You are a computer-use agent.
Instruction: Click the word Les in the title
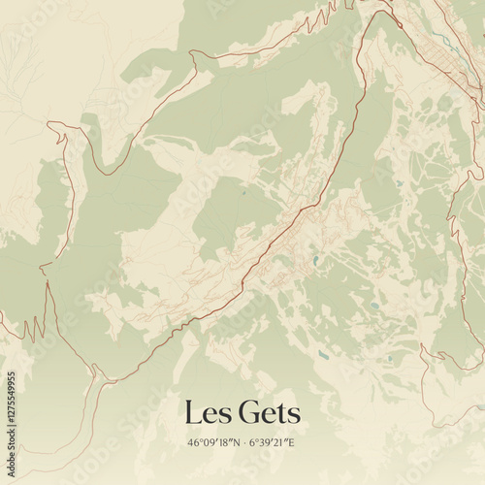207,413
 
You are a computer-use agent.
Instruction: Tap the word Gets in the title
266,413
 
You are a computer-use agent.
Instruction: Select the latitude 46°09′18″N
212,443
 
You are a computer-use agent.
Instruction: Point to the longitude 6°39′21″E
272,443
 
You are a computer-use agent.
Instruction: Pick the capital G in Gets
244,413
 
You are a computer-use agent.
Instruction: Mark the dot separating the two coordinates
242,443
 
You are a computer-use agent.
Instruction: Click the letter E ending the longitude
291,443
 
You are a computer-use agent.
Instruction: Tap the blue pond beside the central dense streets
315,262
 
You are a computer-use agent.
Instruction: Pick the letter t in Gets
282,414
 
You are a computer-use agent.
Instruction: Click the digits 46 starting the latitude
194,443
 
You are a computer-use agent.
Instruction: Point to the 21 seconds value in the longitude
279,443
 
